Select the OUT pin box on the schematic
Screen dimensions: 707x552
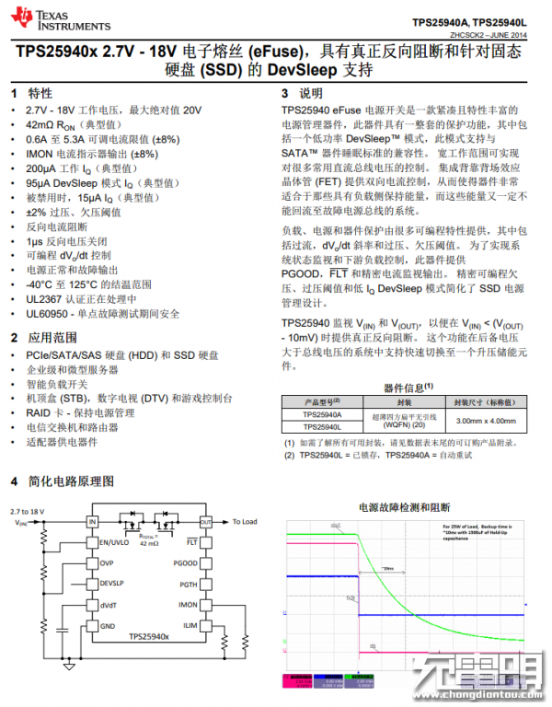click(205, 522)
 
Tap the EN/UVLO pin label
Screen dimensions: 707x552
click(114, 542)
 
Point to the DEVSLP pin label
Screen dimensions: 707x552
click(113, 584)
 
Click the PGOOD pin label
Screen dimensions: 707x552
click(185, 562)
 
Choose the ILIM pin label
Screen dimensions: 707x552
click(190, 625)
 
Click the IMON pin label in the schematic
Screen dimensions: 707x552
click(188, 605)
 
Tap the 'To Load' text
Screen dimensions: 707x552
click(244, 521)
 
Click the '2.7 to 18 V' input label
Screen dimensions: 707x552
click(27, 510)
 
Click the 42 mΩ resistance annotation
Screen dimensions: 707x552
click(148, 543)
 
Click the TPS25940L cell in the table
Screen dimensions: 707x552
click(322, 427)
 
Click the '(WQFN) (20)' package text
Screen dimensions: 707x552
click(404, 425)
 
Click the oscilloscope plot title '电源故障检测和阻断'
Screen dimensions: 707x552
click(405, 506)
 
